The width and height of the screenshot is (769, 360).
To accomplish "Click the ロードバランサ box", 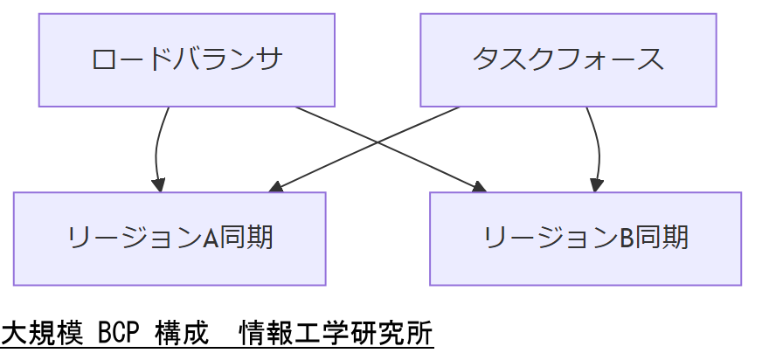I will coord(187,59).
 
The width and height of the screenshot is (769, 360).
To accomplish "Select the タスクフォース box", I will coord(568,59).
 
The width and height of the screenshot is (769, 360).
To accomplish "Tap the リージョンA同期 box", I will coord(170,239).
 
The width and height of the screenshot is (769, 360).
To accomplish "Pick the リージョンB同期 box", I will coord(585,239).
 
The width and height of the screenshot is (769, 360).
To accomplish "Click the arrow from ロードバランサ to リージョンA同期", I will coord(156,149).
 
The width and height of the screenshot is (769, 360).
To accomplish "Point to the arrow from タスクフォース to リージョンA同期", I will coord(332,162).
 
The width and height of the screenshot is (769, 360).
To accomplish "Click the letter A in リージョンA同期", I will coord(211,239).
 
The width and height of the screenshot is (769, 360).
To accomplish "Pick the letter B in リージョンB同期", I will coord(627,239).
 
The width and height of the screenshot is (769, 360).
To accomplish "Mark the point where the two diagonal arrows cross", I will coord(377,142).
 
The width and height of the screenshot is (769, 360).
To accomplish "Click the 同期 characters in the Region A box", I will coord(246,239).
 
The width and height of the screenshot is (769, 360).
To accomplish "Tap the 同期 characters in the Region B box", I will coord(662,239).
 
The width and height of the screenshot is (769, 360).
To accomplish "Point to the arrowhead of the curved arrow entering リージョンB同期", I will coord(597,185).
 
